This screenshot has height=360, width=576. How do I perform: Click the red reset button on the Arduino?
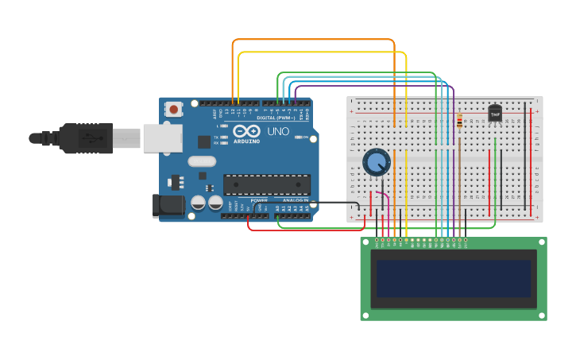pos(173,107)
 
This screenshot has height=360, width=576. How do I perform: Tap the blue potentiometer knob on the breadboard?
pos(376,162)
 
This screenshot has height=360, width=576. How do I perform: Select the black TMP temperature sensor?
pos(495,114)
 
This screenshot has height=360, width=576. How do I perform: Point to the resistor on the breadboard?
pos(459,122)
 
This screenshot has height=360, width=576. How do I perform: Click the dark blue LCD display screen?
pos(454,278)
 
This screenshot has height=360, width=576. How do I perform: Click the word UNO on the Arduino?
pos(278,131)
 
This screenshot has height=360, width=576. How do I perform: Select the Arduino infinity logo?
pos(246,131)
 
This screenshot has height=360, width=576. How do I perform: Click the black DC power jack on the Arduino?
pos(168,205)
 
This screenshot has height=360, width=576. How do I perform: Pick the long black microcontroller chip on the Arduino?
pos(266,184)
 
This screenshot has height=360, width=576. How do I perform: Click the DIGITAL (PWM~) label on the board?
pos(272,118)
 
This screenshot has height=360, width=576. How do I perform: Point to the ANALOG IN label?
pos(295,200)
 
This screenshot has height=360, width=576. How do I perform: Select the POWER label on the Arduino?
pos(259,200)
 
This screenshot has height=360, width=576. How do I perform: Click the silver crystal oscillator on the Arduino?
pos(202,161)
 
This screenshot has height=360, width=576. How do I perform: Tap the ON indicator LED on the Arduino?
pos(298,137)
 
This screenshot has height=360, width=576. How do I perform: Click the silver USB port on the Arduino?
pos(161,137)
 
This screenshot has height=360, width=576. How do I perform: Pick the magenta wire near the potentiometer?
pos(385,197)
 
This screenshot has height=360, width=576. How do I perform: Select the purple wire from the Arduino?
pos(296,93)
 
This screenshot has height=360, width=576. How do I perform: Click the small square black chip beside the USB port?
pos(204,142)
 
